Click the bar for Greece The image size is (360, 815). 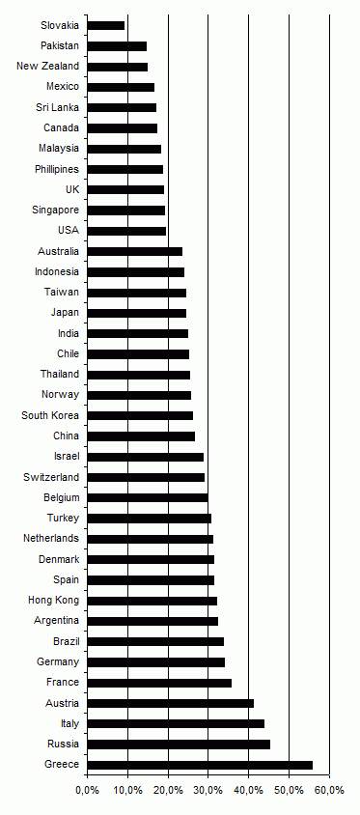(x=200, y=765)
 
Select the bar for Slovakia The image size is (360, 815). (x=106, y=25)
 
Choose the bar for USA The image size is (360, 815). (x=126, y=231)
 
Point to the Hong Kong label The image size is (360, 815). (x=54, y=601)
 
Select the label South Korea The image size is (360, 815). (x=51, y=416)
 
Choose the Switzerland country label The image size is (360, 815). (x=51, y=477)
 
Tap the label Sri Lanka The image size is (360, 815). (x=58, y=107)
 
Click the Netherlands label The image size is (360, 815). (x=51, y=539)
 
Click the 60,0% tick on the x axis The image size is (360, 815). (x=330, y=790)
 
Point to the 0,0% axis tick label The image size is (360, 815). (x=87, y=790)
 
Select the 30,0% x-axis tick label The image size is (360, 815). (x=208, y=790)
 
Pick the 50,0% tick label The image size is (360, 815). (x=290, y=790)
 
